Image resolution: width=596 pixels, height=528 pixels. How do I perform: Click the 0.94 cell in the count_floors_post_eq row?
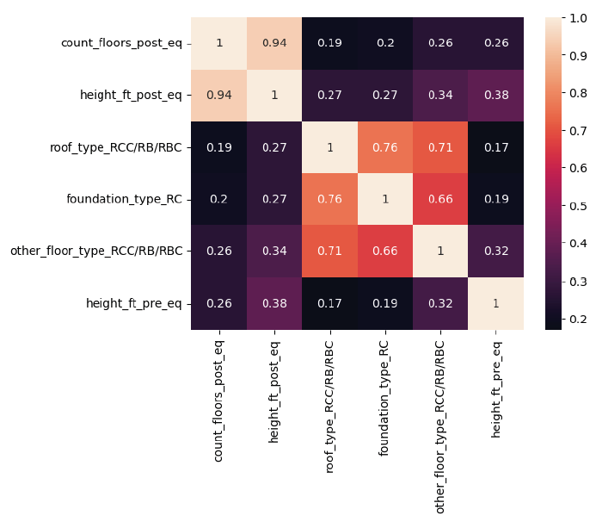coord(274,43)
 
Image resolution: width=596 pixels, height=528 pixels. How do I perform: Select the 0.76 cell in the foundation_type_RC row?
coord(330,199)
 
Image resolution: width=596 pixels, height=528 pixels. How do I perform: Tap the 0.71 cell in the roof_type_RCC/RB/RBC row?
coord(441,147)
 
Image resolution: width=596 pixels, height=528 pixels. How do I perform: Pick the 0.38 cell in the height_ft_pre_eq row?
coord(274,303)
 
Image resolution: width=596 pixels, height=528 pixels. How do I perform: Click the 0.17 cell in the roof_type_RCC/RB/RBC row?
coord(496,147)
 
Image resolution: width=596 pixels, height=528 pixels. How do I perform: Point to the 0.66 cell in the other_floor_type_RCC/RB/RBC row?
coord(385,252)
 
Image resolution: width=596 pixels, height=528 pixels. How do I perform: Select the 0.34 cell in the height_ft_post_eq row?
coord(441,95)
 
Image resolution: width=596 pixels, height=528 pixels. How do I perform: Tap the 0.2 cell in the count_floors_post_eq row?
coord(385,43)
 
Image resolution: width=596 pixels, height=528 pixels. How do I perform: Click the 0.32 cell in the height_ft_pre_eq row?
coord(441,303)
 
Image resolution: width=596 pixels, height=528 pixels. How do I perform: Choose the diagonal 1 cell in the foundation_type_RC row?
coord(385,199)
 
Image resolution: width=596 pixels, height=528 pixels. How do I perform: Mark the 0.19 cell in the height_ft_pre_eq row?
coord(385,303)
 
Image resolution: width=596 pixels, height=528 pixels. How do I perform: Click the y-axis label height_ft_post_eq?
coord(133,95)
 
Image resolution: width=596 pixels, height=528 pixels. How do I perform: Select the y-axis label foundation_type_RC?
coord(124,199)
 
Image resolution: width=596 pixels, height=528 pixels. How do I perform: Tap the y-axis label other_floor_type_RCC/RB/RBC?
coord(96,252)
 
